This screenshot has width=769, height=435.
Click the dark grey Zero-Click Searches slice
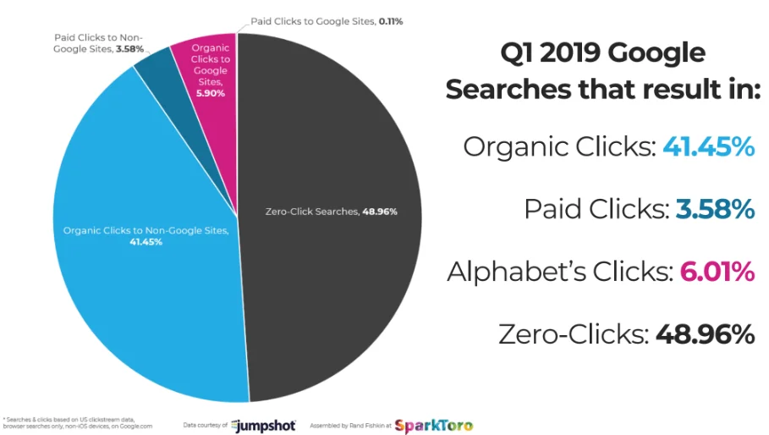coord(338,279)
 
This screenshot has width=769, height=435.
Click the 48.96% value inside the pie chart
coord(380,212)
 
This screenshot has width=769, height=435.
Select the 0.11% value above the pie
coord(389,20)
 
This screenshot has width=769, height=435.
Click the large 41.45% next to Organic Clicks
coord(707,147)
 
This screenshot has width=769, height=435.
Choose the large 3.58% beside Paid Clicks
coord(714,209)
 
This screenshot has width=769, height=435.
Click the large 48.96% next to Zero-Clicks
coord(704,334)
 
